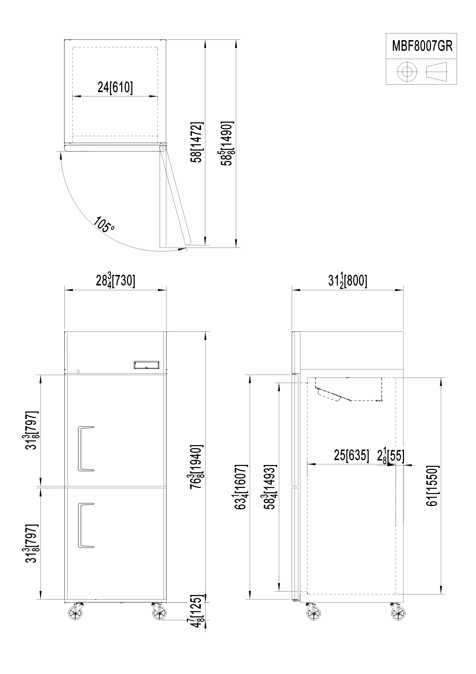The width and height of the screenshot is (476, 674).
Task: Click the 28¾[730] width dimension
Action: point(115,281)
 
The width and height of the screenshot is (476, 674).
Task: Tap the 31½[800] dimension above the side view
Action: point(347,281)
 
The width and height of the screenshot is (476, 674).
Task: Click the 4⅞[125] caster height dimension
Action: point(197,611)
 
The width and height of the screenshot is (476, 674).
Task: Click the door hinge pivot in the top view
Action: point(162,148)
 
